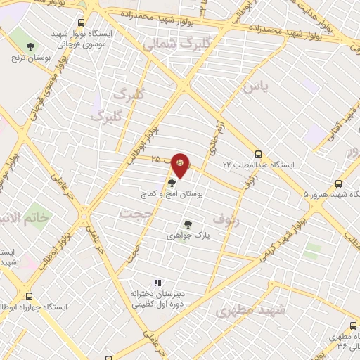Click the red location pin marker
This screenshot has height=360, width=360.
(181, 165)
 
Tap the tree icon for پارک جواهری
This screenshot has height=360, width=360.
(188, 224)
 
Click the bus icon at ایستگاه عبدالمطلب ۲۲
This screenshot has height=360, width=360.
(259, 153)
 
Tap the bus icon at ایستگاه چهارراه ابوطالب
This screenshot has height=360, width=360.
(29, 296)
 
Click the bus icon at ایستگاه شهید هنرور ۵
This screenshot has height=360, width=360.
(340, 181)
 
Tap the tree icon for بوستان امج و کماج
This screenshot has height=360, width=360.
(172, 183)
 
